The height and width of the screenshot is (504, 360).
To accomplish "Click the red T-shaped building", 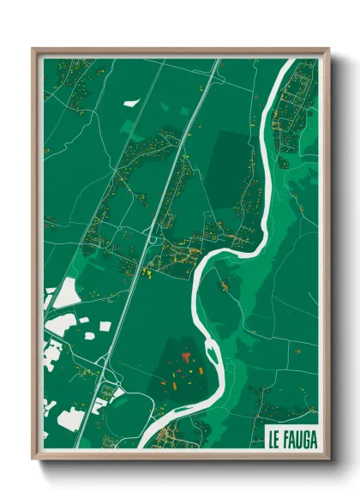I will [185, 354].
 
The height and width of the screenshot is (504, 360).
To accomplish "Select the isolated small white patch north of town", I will [131, 103].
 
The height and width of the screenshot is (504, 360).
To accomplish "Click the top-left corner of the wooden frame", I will [33, 49].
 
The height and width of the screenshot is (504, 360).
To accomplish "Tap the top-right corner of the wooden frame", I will [329, 49].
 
